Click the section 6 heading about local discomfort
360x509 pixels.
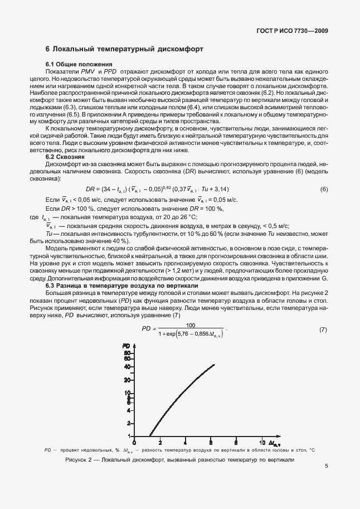tap(124, 50)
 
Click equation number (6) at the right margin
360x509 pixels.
tap(323, 190)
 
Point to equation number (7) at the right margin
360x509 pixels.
tap(323, 329)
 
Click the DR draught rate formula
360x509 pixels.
tap(159, 190)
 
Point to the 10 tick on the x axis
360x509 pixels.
tap(262, 443)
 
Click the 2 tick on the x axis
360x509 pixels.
tap(160, 443)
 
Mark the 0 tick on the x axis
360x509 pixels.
tap(134, 443)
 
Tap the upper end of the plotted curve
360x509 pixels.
tap(214, 365)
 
